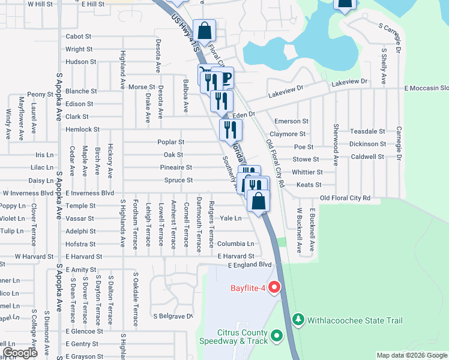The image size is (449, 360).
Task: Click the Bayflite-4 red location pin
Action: (x=275, y=287)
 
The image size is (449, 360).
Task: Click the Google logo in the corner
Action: (x=20, y=353)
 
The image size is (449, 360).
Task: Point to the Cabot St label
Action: (x=79, y=37)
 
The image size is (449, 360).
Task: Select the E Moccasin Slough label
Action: (x=426, y=88)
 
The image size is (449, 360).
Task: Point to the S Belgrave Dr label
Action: (x=173, y=316)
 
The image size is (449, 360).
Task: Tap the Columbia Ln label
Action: (x=236, y=244)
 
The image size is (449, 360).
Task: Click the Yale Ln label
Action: (x=231, y=218)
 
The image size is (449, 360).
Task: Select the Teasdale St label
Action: (x=367, y=131)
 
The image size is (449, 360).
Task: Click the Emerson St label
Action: (x=292, y=121)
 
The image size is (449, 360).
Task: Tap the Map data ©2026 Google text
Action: (x=412, y=355)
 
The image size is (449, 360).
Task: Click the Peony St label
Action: (x=40, y=94)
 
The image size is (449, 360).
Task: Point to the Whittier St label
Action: (x=307, y=172)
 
